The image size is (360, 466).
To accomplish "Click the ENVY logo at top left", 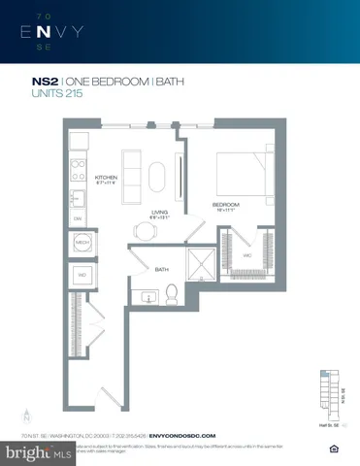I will (x=60, y=33).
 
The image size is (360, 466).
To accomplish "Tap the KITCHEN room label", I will (x=106, y=179).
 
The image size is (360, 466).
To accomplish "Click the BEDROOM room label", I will (x=228, y=205).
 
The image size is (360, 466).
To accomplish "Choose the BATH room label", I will (x=162, y=269).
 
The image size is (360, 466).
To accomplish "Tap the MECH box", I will (x=82, y=243).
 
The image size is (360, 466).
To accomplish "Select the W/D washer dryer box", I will (x=82, y=275).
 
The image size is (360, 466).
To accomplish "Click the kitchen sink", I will (x=77, y=200).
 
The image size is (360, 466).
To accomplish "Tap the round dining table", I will (x=145, y=230).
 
